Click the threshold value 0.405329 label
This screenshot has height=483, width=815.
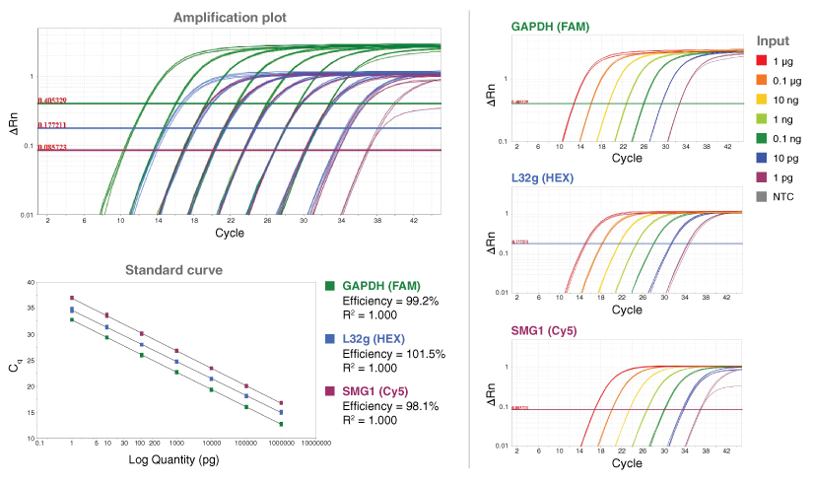(52, 101)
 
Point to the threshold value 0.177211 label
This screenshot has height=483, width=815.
(52, 125)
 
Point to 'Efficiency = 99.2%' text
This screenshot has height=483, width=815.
(389, 300)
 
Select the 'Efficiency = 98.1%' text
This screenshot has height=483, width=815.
(389, 405)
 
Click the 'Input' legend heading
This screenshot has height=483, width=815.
(773, 40)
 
